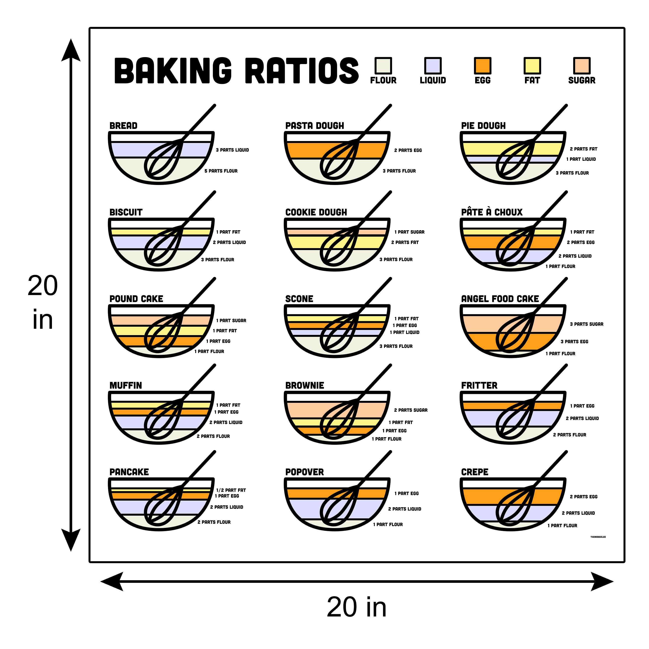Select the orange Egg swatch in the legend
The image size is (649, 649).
tap(482, 66)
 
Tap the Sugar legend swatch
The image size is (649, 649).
tap(581, 66)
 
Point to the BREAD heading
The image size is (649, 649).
tap(123, 126)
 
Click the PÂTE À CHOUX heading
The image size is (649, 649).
tap(492, 212)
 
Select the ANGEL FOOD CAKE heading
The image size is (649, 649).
tap(500, 299)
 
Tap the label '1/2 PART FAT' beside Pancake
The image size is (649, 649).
tap(231, 490)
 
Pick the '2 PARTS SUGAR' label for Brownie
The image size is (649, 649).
tap(411, 410)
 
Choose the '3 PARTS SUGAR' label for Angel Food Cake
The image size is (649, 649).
tap(586, 324)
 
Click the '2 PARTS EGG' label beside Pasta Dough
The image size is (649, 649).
tap(408, 151)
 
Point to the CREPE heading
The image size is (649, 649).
tap(475, 472)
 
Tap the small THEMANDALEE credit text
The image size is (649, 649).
tap(598, 537)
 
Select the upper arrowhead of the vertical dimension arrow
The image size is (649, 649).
tap(71, 50)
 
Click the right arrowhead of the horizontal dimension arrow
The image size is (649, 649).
tap(602, 582)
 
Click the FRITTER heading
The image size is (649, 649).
tap(479, 386)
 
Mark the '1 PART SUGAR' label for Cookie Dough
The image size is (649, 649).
tap(409, 232)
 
